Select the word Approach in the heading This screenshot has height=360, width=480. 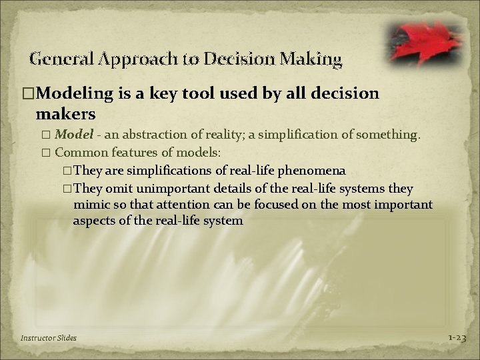pos(131,60)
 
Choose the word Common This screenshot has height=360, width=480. pos(79,153)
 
